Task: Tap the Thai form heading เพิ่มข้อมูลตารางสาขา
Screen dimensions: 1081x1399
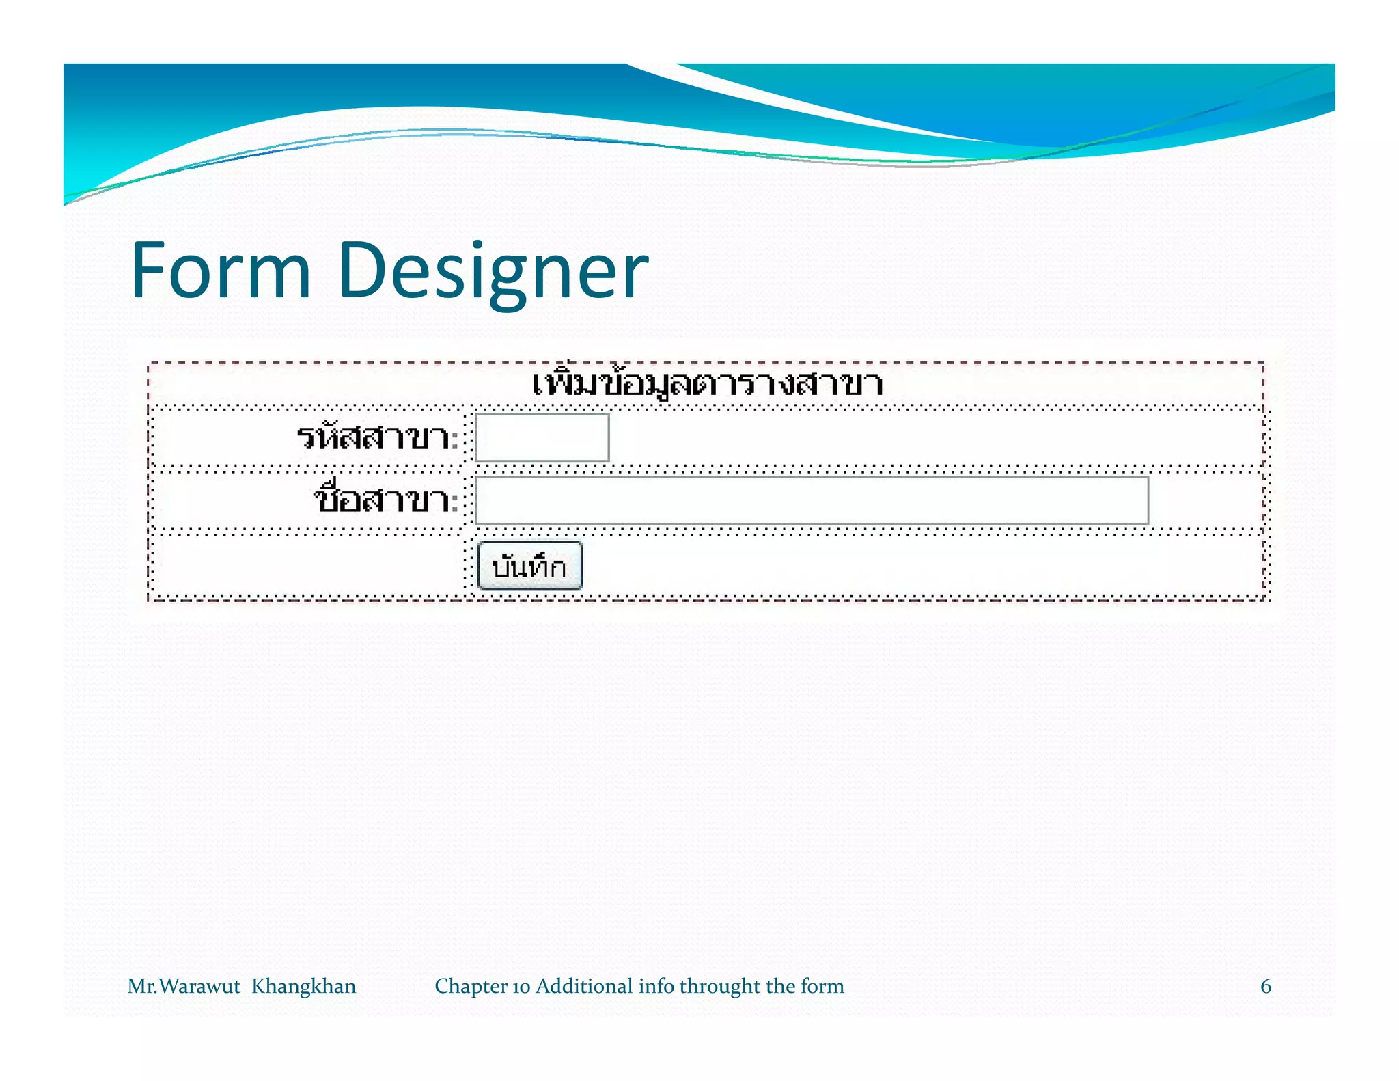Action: click(707, 384)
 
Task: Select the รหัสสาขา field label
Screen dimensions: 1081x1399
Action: click(373, 437)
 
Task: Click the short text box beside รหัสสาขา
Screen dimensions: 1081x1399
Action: click(542, 437)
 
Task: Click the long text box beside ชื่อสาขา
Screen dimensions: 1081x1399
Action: click(812, 500)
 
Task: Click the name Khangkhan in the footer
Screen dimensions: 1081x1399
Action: click(304, 986)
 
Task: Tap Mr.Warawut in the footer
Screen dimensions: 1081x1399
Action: click(184, 986)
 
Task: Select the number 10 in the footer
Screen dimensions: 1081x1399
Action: click(521, 987)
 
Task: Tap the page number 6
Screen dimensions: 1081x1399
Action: click(1266, 986)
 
